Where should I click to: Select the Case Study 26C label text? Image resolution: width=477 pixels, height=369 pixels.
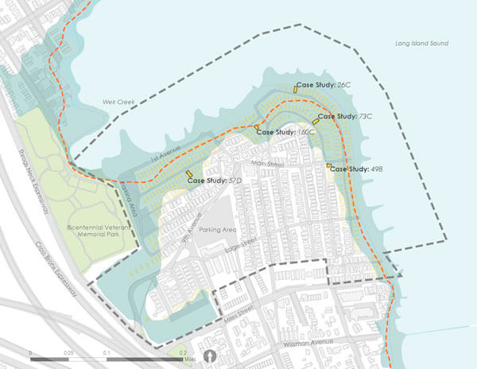(323, 84)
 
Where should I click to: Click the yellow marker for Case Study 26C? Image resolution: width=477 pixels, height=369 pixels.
(294, 90)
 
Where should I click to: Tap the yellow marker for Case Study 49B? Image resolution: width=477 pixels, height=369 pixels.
(328, 165)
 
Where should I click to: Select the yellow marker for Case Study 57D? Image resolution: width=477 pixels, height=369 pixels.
(188, 174)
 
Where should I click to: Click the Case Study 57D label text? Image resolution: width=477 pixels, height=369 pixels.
(215, 181)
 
